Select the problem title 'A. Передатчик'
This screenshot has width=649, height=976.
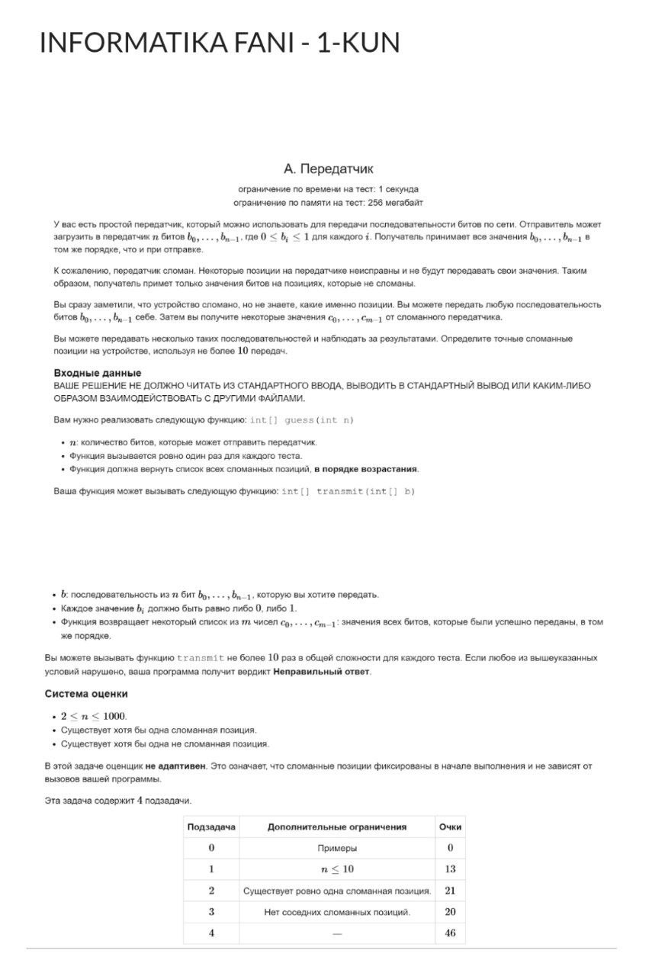(328, 168)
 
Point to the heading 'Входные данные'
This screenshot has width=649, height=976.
(97, 372)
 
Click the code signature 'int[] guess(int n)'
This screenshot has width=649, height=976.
(302, 420)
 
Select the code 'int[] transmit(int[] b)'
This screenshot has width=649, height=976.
(348, 490)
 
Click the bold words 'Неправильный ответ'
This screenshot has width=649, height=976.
(321, 671)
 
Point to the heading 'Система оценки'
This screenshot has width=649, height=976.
(86, 694)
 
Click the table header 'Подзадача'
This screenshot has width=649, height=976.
(211, 827)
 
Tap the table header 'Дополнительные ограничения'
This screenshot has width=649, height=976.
(337, 827)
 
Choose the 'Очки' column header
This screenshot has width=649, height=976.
(450, 827)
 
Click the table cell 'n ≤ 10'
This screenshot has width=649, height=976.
(337, 869)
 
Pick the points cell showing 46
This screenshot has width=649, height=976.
(450, 933)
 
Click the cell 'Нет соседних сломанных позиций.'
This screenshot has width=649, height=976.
(337, 912)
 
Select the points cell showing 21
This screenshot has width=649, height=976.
(450, 891)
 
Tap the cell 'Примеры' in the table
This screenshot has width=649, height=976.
(337, 848)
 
